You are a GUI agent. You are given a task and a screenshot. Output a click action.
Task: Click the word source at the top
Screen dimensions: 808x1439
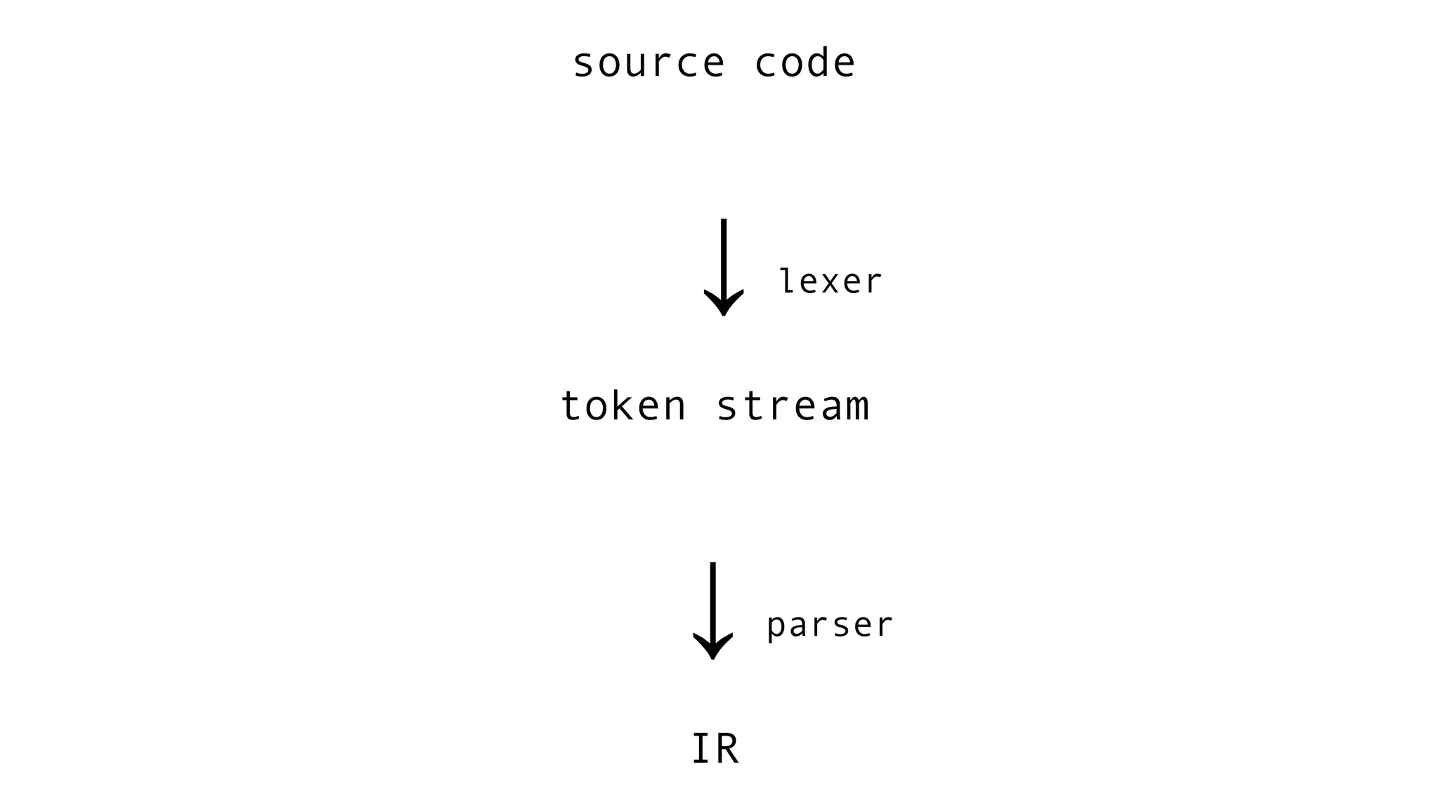tap(648, 63)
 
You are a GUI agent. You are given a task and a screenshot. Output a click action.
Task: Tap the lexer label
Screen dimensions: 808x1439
tap(830, 281)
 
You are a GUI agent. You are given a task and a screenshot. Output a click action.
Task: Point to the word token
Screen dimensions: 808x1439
tap(623, 406)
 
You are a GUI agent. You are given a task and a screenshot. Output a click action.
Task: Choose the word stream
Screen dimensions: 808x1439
tap(793, 406)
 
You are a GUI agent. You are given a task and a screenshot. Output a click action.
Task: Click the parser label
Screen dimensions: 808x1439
tap(829, 625)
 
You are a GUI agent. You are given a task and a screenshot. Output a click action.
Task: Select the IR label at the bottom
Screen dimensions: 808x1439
tap(715, 749)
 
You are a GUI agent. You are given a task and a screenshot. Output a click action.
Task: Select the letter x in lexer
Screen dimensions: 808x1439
tap(830, 282)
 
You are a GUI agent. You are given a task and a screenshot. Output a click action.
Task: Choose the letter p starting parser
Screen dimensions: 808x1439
tap(776, 627)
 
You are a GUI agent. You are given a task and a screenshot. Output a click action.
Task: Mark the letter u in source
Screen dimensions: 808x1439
tap(648, 65)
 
